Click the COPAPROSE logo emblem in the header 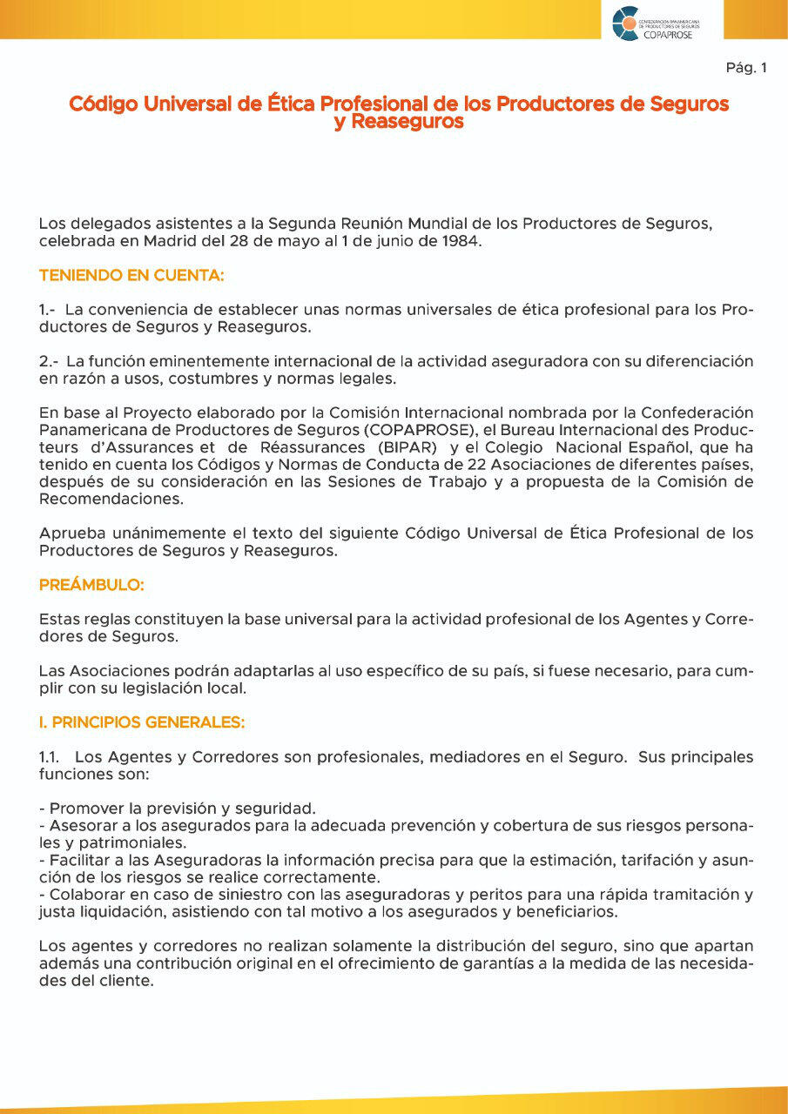(625, 23)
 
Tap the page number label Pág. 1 (745, 68)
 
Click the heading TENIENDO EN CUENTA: (131, 276)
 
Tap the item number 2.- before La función (49, 360)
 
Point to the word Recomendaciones (111, 500)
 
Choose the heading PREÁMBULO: (91, 586)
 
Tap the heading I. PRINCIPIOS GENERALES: (142, 722)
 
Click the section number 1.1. (49, 757)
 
